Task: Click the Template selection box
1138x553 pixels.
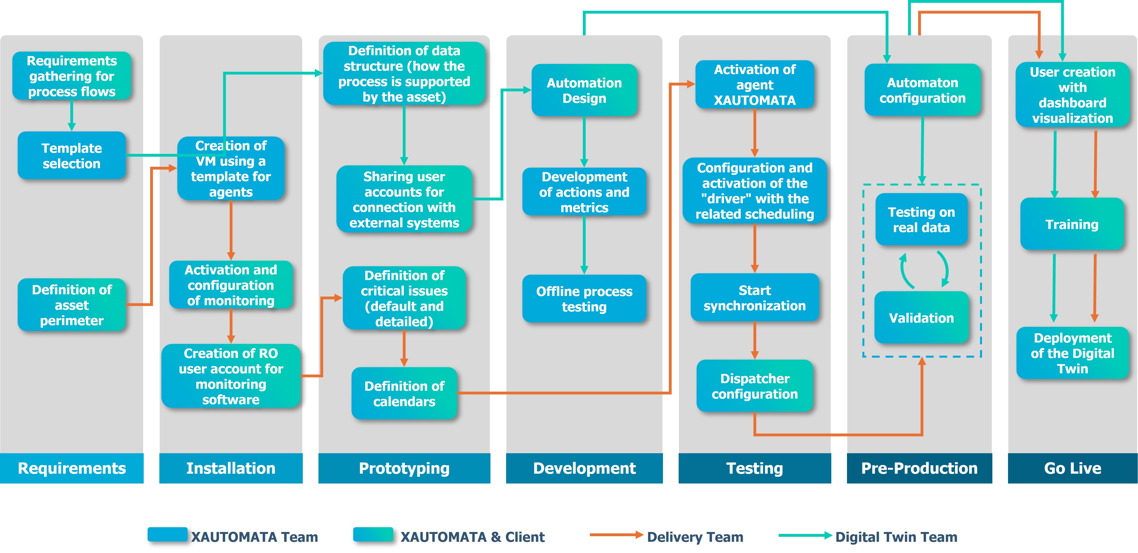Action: [x=72, y=156]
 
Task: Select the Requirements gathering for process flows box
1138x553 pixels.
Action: [x=72, y=76]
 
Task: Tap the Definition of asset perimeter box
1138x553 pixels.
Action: [x=72, y=305]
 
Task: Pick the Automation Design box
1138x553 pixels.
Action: [x=584, y=90]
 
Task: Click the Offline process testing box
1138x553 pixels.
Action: [x=584, y=299]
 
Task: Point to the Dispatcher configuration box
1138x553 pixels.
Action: [x=755, y=386]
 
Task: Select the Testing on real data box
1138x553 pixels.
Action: [x=921, y=220]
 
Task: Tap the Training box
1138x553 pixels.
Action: [x=1072, y=224]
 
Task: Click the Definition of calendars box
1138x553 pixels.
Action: [x=404, y=394]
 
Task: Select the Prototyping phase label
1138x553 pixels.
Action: [x=404, y=468]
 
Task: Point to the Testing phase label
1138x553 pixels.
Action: [x=755, y=468]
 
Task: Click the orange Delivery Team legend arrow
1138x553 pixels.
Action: [x=616, y=535]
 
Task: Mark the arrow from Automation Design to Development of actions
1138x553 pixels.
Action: [x=584, y=142]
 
